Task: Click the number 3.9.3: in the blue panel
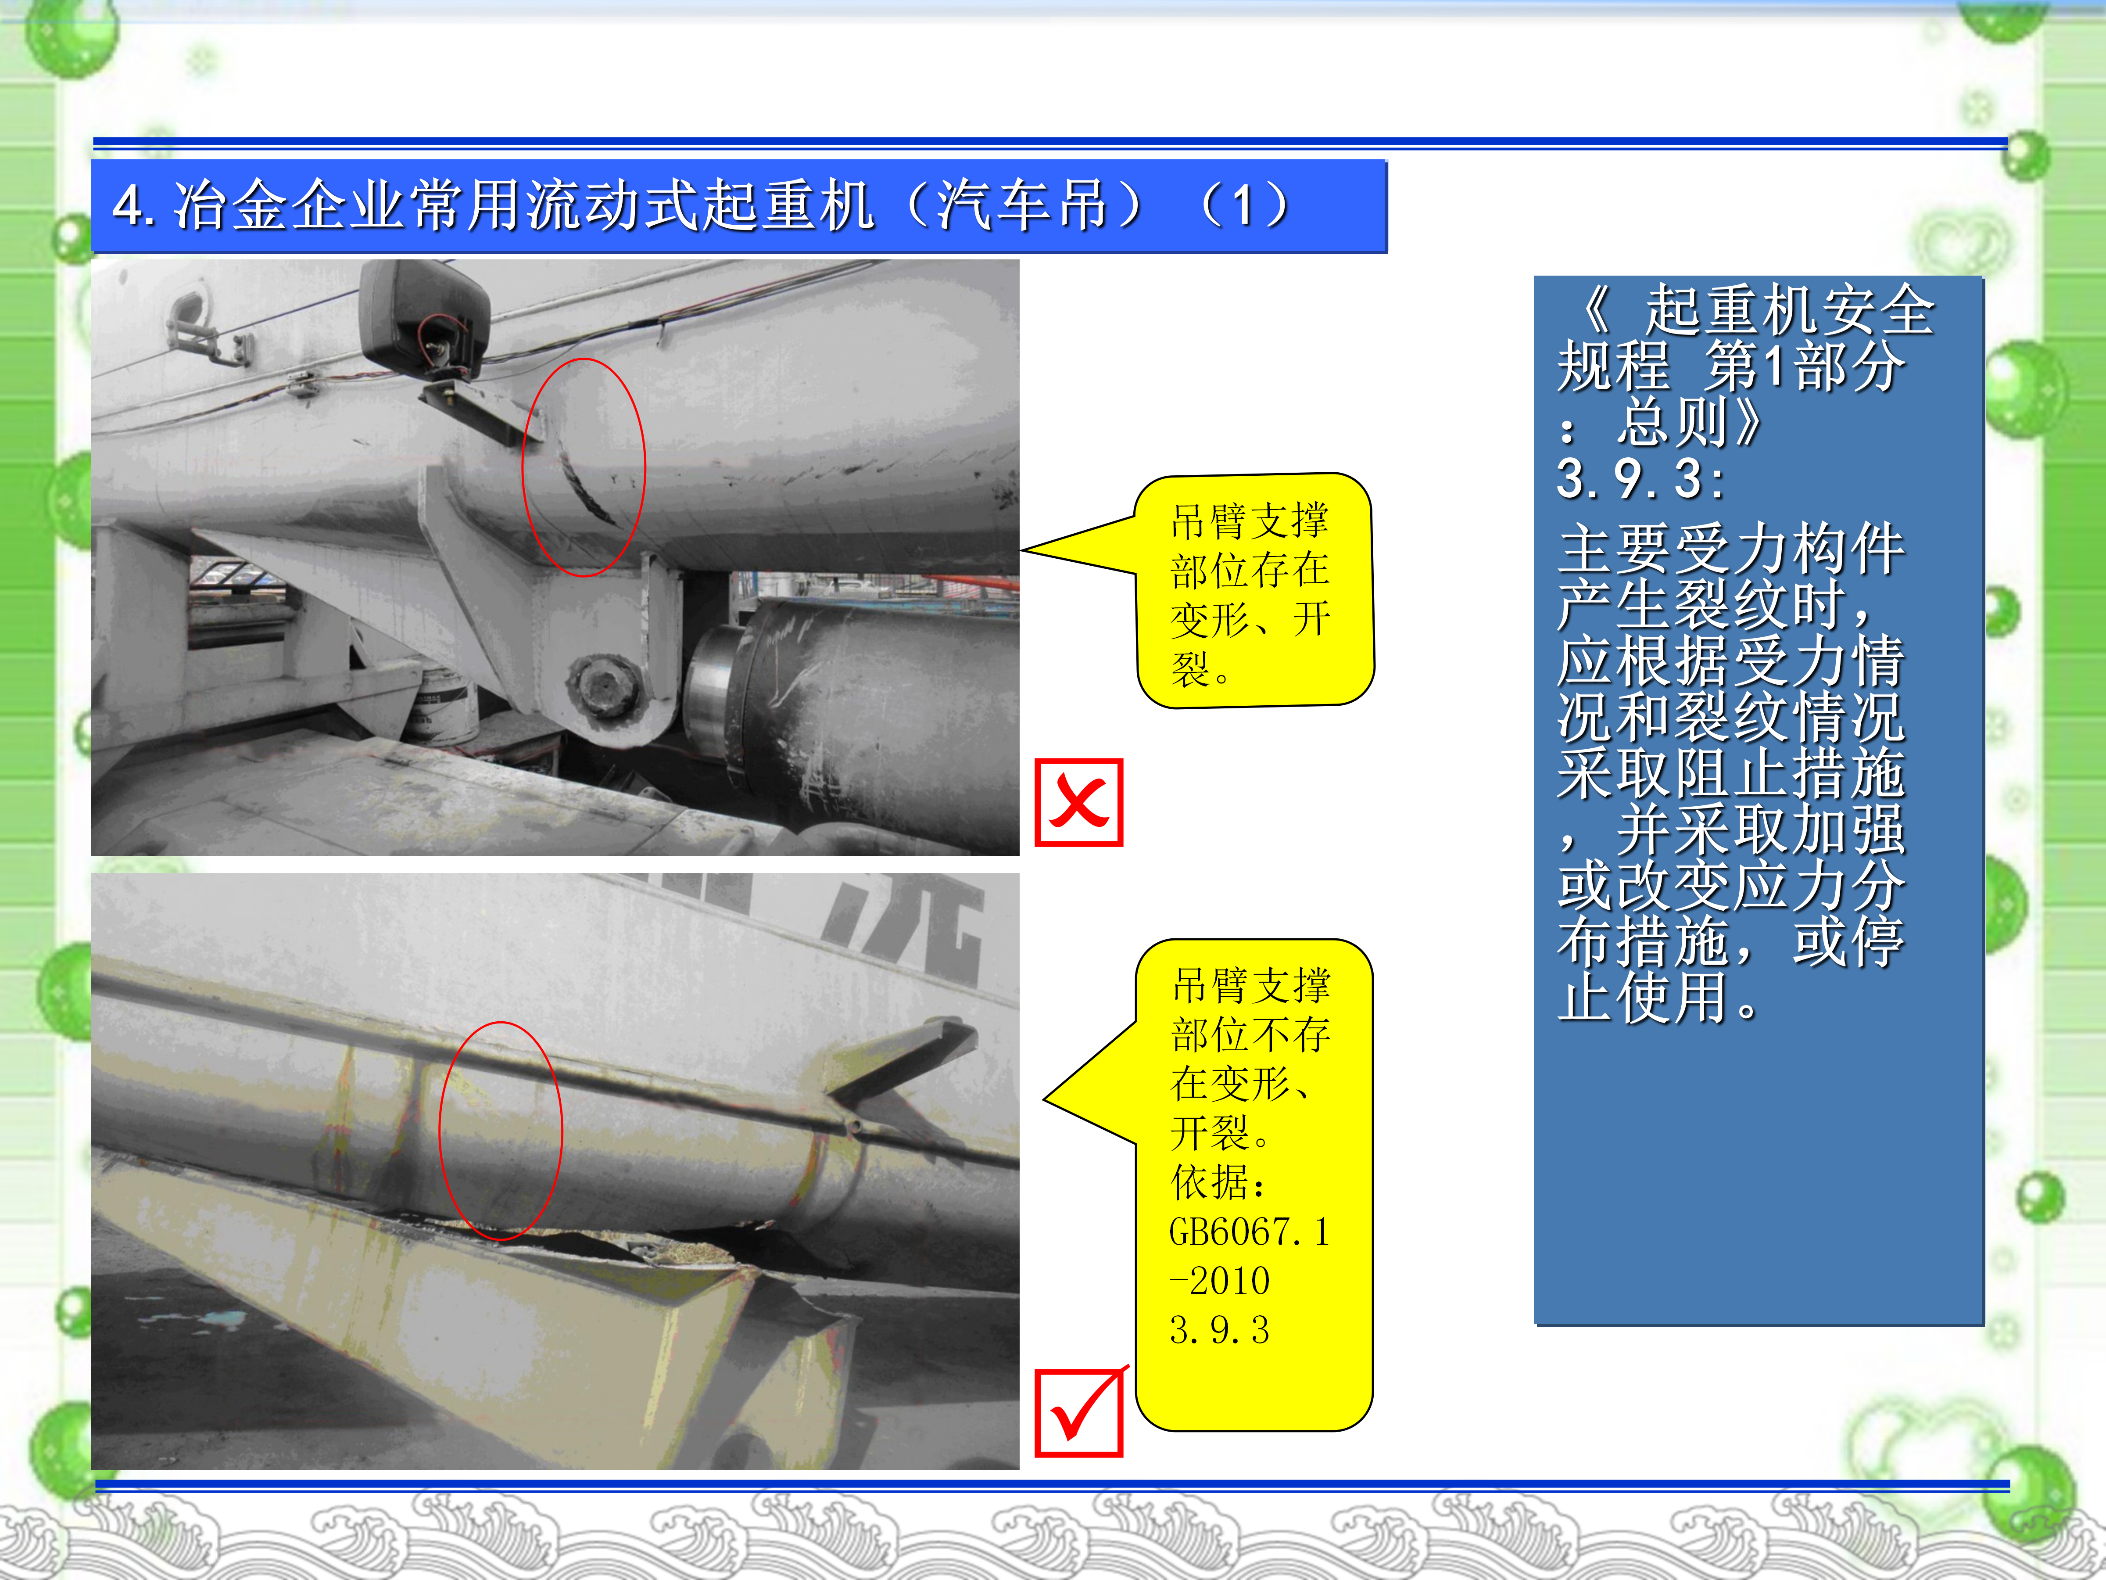pyautogui.click(x=1640, y=478)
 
